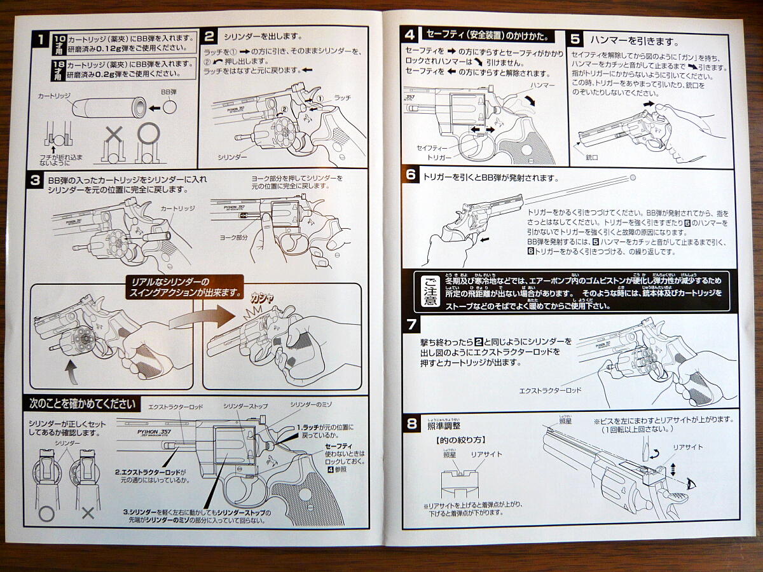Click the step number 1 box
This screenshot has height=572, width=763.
tap(39, 41)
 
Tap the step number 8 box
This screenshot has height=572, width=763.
tap(411, 423)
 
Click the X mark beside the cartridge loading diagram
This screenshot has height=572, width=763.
tap(114, 133)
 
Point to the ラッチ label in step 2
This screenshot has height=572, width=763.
tap(342, 97)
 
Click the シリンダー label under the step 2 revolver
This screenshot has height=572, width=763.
tap(231, 156)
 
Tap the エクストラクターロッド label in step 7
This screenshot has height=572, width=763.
tap(550, 390)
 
